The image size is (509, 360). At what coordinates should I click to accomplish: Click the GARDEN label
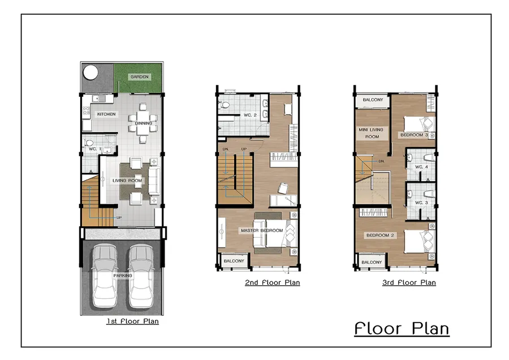(139, 77)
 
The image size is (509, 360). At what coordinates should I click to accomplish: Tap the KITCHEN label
(106, 114)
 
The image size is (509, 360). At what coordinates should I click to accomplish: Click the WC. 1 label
(95, 149)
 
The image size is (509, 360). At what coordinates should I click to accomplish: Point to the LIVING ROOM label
(127, 181)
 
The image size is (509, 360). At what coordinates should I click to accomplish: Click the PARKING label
(123, 276)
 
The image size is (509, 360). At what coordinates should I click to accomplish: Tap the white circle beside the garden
(90, 72)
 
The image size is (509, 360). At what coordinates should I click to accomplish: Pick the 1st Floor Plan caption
(133, 322)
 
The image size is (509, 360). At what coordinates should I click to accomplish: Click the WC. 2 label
(251, 115)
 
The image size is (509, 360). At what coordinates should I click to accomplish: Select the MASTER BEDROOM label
(262, 230)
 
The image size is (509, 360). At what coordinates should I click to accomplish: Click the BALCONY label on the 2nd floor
(234, 261)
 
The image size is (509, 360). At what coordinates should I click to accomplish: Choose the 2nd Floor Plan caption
(273, 282)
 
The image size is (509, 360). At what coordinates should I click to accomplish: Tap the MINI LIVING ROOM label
(371, 133)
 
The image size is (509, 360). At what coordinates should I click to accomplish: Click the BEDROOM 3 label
(414, 135)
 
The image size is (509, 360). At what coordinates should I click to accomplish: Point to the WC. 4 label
(422, 167)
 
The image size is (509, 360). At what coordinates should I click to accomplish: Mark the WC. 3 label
(422, 203)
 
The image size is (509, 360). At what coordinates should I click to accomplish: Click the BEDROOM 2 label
(380, 235)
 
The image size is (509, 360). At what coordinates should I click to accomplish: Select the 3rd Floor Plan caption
(409, 282)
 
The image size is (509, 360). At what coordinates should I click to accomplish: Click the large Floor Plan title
(402, 328)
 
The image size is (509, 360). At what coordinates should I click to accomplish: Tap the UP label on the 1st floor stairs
(119, 218)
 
